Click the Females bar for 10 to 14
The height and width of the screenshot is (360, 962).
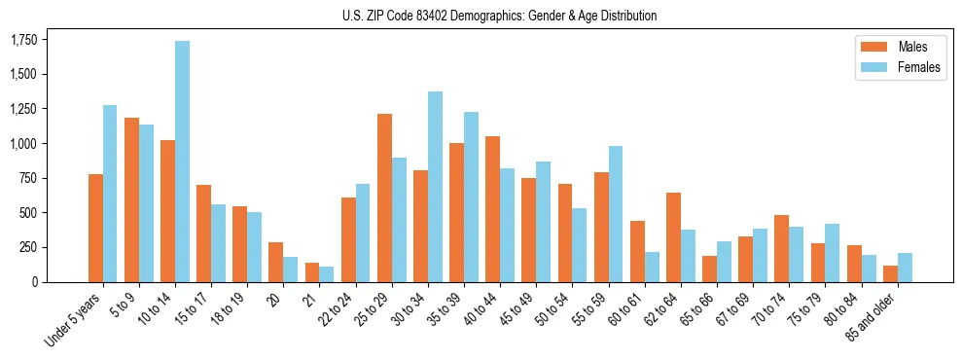pos(182,162)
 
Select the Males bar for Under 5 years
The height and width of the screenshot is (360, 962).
pos(95,228)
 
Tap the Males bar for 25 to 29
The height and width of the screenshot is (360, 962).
pos(384,198)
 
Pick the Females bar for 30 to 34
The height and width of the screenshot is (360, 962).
pos(435,187)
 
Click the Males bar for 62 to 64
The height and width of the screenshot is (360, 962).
pos(673,237)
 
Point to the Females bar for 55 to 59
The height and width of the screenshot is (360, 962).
pos(615,214)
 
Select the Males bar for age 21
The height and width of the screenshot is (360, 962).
pos(312,272)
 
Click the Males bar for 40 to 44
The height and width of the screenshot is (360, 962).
pos(492,209)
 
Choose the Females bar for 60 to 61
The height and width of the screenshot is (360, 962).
pos(652,267)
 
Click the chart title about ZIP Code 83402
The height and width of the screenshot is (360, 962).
pos(500,16)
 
